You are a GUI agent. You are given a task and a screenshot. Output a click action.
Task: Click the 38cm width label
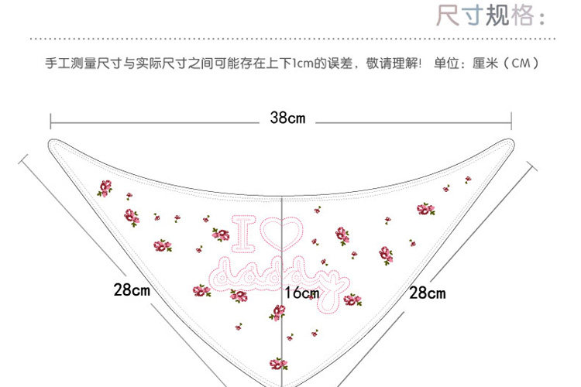(x=287, y=118)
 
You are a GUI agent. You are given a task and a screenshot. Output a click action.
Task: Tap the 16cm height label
(x=301, y=294)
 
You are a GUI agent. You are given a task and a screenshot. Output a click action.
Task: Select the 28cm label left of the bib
(x=131, y=291)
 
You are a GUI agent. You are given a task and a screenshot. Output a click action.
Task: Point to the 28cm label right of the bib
(x=427, y=293)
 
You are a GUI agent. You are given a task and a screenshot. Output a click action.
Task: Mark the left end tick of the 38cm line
(x=51, y=120)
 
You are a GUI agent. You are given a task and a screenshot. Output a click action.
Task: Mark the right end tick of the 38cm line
(x=511, y=120)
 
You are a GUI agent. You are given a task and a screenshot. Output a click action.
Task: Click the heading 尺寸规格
(x=496, y=15)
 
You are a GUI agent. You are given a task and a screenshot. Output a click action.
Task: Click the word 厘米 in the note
(x=485, y=63)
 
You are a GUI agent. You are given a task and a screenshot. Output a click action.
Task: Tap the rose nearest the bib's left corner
(x=105, y=188)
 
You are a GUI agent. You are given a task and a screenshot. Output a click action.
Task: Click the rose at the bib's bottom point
(x=278, y=363)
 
